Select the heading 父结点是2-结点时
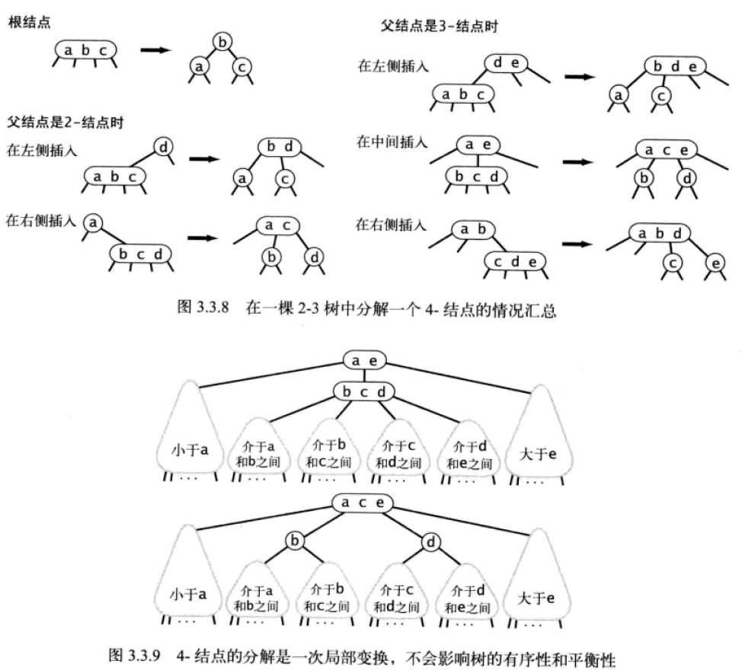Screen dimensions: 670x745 coord(66,122)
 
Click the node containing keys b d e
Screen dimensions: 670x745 coord(671,66)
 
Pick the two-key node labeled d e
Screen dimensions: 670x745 coord(506,63)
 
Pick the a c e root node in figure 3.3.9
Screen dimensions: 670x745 coord(363,503)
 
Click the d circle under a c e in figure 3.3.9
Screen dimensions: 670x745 coord(431,542)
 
